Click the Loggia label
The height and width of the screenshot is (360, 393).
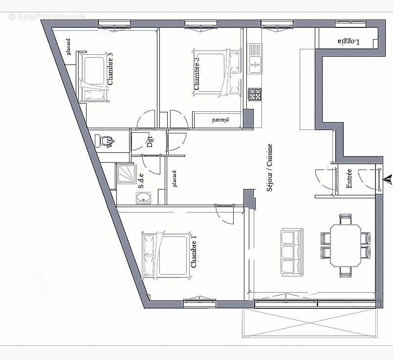coord(348,42)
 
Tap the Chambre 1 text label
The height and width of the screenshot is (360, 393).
coord(194,252)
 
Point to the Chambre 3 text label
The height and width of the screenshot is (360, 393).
coord(110,71)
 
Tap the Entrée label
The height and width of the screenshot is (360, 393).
coord(349,178)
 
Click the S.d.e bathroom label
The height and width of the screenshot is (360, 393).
coord(141,180)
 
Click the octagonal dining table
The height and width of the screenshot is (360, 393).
coord(345,245)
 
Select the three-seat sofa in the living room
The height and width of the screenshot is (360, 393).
coord(291,252)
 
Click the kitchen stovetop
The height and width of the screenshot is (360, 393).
coord(255,94)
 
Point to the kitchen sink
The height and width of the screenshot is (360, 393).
coord(255,54)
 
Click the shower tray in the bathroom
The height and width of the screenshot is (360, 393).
coord(127,173)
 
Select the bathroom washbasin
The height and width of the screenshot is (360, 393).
coord(144,198)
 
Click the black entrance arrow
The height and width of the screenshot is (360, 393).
coord(389,179)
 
